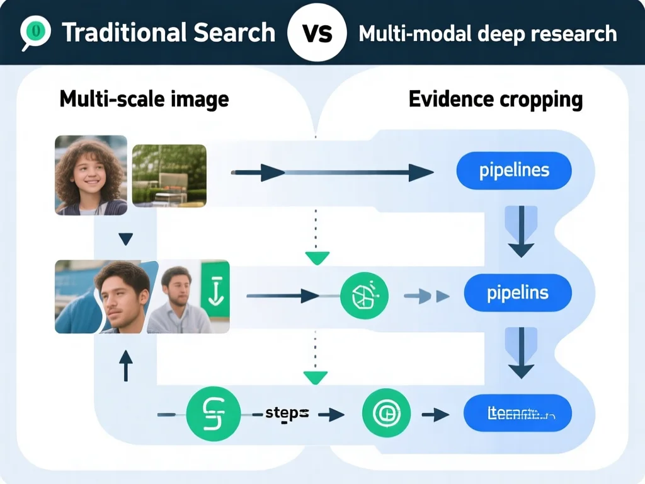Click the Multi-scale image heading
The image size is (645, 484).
(x=144, y=99)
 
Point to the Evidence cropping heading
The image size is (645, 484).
(x=495, y=99)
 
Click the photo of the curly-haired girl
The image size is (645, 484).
(x=91, y=175)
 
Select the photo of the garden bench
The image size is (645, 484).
(x=169, y=175)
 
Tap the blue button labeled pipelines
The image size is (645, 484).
(x=513, y=170)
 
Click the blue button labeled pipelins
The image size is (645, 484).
(x=517, y=293)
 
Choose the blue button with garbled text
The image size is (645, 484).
(x=517, y=414)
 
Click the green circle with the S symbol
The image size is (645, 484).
(x=214, y=414)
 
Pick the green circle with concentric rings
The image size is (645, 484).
(x=386, y=414)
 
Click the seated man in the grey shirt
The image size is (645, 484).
(x=178, y=299)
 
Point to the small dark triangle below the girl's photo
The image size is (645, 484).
(x=125, y=239)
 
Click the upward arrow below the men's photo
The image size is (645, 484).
(x=125, y=366)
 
